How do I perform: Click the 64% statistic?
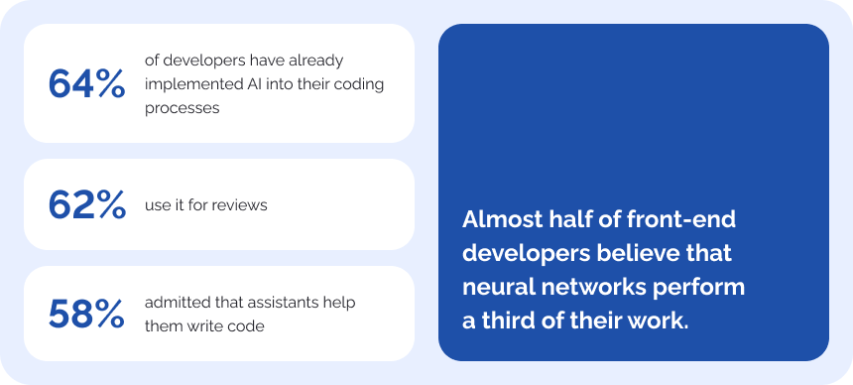pos(87,84)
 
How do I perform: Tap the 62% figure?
pos(87,205)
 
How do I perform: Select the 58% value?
pos(86,315)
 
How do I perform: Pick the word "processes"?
pos(183,109)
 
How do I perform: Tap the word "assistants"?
pos(286,303)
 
